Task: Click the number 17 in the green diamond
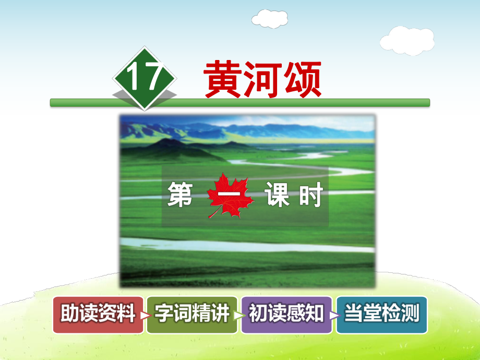pos(144,78)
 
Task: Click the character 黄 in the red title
pos(222,79)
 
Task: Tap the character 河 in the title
pos(262,79)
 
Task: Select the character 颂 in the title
pos(302,79)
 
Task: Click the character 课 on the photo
pos(277,196)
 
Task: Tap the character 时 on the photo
pos(311,196)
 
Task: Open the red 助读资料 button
pos(98,315)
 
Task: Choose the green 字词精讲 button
pos(191,315)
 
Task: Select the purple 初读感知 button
pos(286,315)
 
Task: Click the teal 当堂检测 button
pos(381,315)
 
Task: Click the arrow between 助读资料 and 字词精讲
pos(145,315)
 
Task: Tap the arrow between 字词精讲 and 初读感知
pos(238,315)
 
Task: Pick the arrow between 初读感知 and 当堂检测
pos(334,315)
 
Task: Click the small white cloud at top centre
pos(269,19)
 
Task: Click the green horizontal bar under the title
pos(240,103)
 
